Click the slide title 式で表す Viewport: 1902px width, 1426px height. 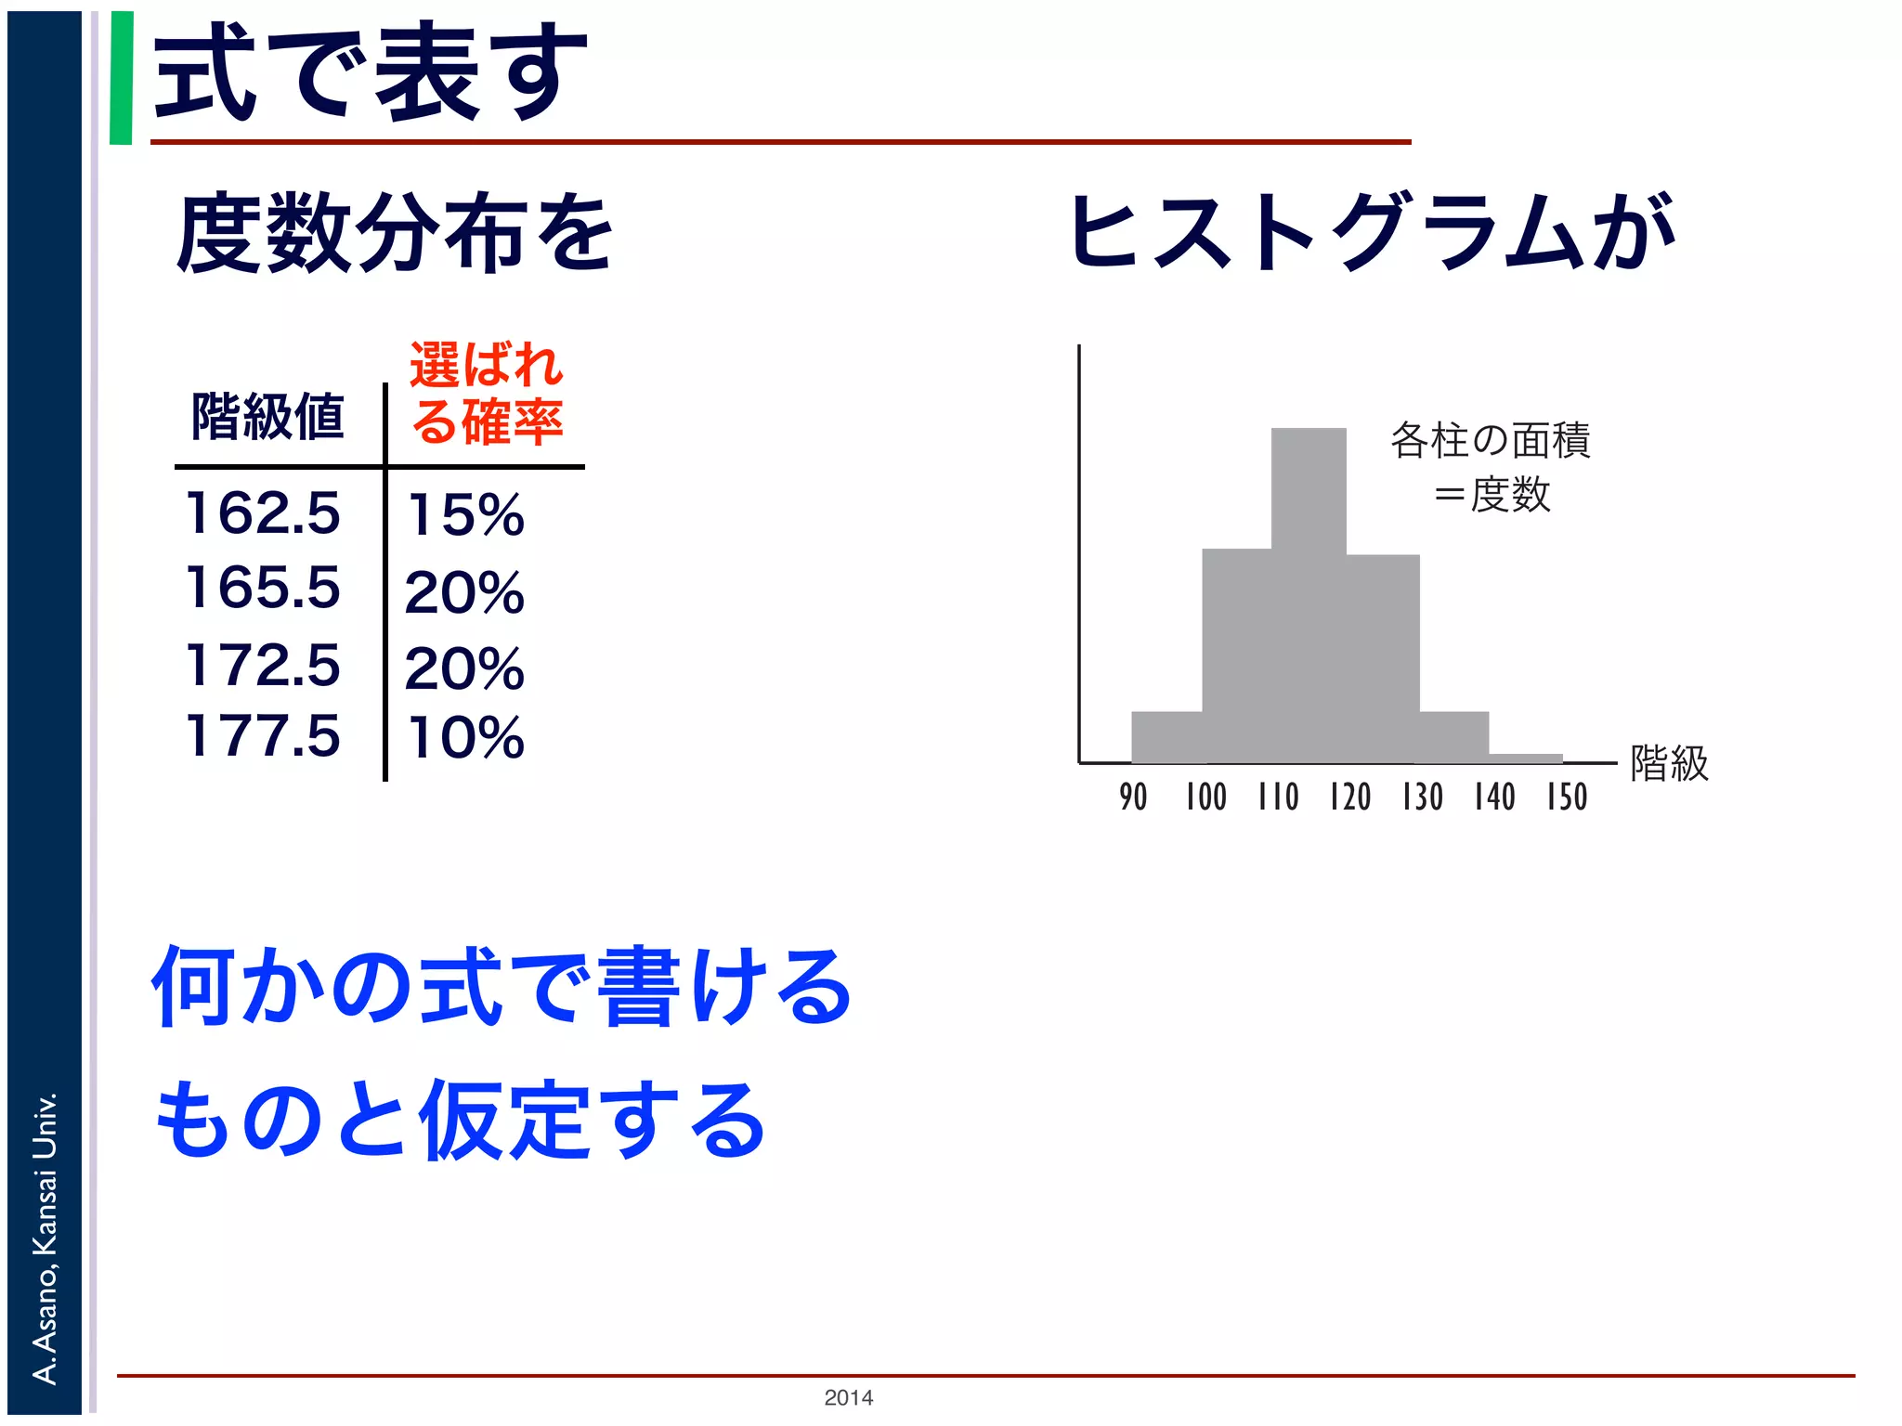click(370, 72)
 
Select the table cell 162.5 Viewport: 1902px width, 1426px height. click(263, 512)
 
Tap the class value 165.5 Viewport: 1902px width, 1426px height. click(263, 588)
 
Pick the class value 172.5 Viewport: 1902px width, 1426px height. click(263, 665)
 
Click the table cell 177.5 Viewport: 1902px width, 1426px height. click(263, 736)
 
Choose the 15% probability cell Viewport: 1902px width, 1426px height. click(465, 515)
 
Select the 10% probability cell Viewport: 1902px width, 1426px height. click(465, 739)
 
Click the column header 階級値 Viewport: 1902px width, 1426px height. click(267, 417)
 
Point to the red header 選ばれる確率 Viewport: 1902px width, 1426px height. click(487, 393)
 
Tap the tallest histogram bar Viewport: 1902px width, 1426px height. click(1308, 594)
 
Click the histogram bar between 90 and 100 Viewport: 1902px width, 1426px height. click(1166, 737)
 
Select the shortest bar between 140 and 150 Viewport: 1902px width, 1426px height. click(1526, 758)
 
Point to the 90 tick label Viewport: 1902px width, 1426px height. click(1133, 797)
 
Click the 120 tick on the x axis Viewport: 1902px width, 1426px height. click(1349, 797)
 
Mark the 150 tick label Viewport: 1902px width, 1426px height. click(1567, 797)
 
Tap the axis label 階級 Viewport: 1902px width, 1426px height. click(1669, 764)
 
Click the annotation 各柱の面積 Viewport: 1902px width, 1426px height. click(1490, 441)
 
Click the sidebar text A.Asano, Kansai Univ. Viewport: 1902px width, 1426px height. click(45, 1238)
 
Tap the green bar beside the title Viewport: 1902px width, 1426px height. click(121, 78)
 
